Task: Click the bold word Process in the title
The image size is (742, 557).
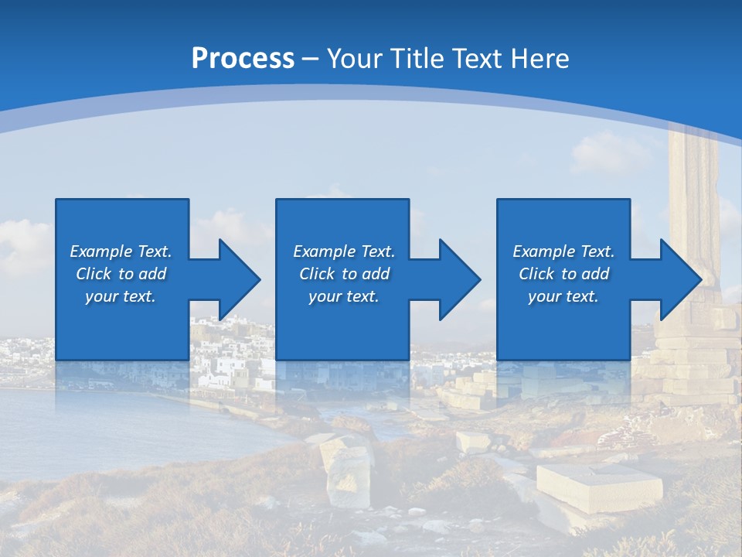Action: pyautogui.click(x=243, y=59)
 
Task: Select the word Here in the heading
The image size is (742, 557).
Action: pyautogui.click(x=540, y=59)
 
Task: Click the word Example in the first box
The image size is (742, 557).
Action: pyautogui.click(x=101, y=251)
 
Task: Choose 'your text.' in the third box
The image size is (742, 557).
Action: pyautogui.click(x=563, y=296)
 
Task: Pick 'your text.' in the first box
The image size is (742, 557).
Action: pyautogui.click(x=121, y=296)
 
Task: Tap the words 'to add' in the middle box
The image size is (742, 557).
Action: pyautogui.click(x=366, y=274)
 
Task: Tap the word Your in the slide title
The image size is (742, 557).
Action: pyautogui.click(x=356, y=59)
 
